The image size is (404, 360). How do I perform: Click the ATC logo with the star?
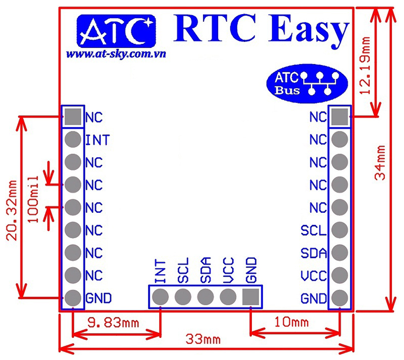tap(115, 31)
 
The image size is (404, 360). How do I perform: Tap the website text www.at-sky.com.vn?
tap(117, 53)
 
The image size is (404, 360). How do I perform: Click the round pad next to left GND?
tap(73, 297)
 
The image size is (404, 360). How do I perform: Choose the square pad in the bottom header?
tap(250, 296)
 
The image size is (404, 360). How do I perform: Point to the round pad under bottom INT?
tap(161, 296)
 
